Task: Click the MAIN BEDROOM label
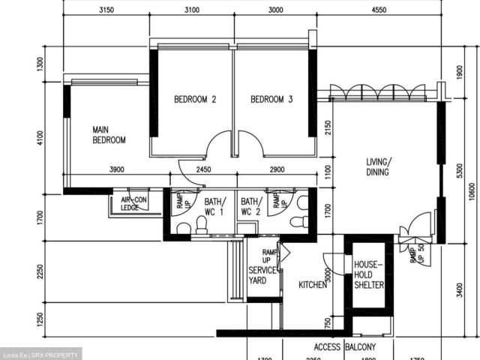pyautogui.click(x=109, y=135)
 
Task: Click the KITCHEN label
pyautogui.click(x=313, y=286)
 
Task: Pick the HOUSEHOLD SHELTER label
pyautogui.click(x=369, y=275)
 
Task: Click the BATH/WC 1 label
pyautogui.click(x=214, y=207)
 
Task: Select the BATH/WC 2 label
pyautogui.click(x=250, y=207)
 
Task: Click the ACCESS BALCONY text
pyautogui.click(x=344, y=348)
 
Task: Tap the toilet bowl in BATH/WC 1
pyautogui.click(x=183, y=227)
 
